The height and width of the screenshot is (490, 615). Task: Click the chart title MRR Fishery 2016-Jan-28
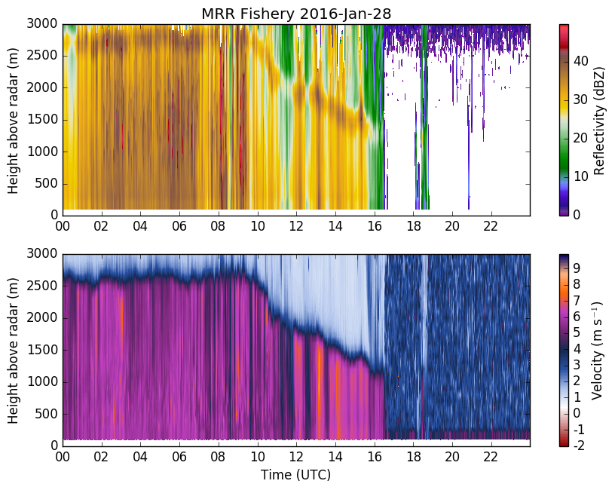[296, 14]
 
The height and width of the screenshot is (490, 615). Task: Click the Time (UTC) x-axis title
[295, 475]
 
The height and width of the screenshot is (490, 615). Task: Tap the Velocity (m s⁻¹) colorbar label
[597, 351]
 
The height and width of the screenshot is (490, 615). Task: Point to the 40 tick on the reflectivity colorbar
[580, 61]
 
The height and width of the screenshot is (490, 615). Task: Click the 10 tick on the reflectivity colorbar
[580, 176]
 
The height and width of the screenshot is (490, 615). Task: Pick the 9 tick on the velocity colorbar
[577, 268]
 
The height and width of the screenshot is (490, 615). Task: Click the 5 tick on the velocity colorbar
[577, 332]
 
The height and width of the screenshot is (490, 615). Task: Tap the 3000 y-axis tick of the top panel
[42, 24]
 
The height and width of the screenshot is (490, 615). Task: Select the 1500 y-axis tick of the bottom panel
[42, 350]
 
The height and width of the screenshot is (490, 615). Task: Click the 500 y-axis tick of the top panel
[46, 184]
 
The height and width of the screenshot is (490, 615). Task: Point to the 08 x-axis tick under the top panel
[219, 226]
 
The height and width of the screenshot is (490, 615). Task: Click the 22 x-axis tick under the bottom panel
[491, 456]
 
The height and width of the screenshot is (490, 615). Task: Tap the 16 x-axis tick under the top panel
[374, 226]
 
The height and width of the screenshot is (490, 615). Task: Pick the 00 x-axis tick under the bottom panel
[63, 456]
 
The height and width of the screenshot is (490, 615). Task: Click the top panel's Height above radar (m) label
[13, 121]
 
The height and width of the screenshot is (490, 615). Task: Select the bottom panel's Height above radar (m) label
[13, 351]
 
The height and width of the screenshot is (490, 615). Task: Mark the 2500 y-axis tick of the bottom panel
[42, 286]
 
